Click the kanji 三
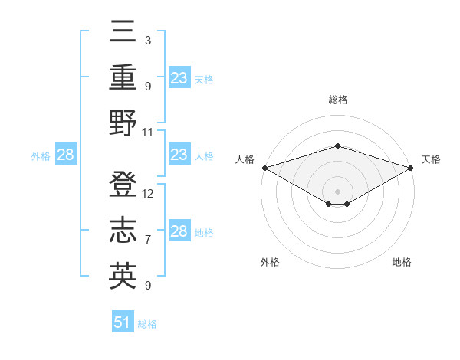coord(123,33)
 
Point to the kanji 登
coord(123,185)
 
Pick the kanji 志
coord(123,231)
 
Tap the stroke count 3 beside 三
coord(148,41)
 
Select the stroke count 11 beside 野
coord(148,132)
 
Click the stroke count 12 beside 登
coord(148,194)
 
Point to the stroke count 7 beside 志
coord(148,240)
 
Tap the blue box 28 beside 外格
coord(65,155)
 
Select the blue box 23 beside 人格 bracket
coord(179,155)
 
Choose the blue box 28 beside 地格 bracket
coord(179,231)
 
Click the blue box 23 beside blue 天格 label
coord(179,78)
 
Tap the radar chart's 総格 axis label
coord(337,100)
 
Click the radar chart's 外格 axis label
coord(270,262)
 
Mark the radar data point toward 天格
coord(411,168)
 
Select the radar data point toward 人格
coord(264,168)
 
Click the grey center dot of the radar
coord(337,191)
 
